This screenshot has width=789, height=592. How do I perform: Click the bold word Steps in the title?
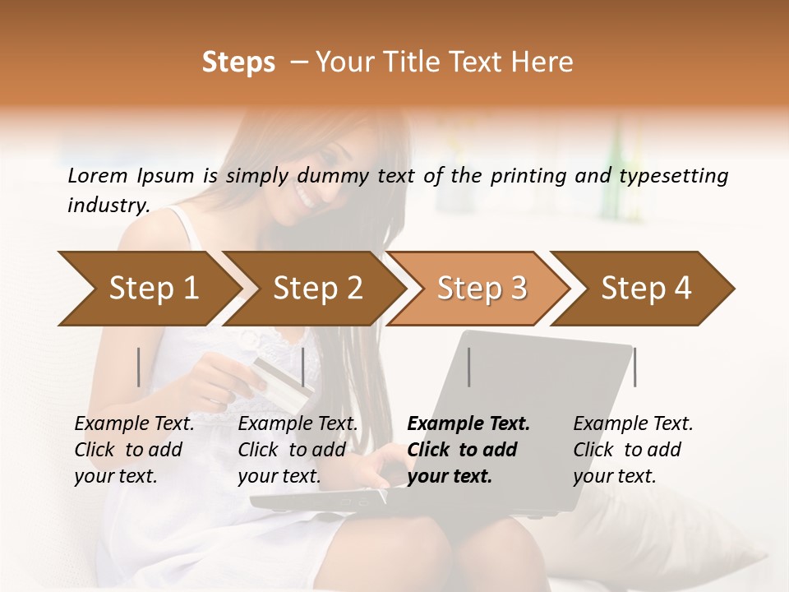tap(238, 62)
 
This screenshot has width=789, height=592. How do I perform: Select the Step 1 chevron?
tap(148, 289)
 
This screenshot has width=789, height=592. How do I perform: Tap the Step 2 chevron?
tap(316, 289)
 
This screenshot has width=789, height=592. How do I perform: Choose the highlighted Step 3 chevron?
tap(481, 289)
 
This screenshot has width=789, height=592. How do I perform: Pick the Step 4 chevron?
tap(646, 289)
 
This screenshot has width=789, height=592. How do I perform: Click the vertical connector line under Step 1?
tap(139, 367)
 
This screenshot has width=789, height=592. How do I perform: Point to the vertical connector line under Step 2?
tap(303, 367)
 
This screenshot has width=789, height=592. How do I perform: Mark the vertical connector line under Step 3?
tap(469, 367)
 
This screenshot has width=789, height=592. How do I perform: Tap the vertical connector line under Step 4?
tap(634, 367)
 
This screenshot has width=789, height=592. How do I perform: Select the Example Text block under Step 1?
tap(134, 450)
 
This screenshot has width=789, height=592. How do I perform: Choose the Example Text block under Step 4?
tap(632, 450)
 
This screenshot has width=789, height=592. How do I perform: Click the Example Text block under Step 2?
tap(298, 450)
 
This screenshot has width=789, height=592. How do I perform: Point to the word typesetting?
tap(673, 176)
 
